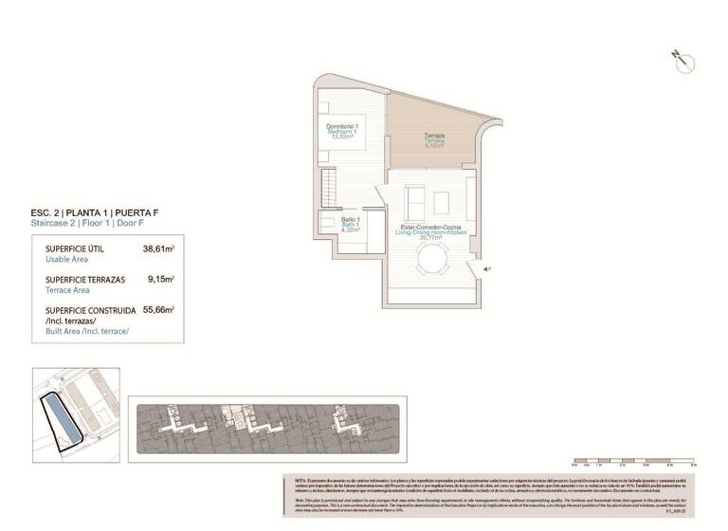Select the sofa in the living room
(414, 201)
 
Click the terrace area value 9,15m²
(160, 281)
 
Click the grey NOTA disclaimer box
(489, 495)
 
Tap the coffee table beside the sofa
(441, 201)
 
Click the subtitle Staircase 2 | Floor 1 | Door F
(87, 224)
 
